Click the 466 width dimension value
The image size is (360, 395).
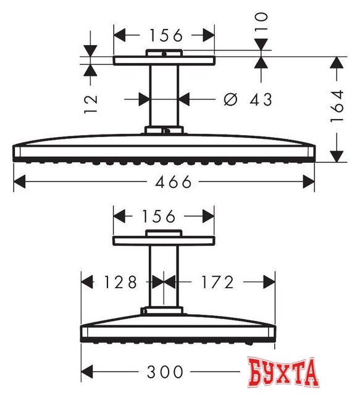165,182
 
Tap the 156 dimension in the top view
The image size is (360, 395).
164,36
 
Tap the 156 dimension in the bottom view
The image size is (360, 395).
164,216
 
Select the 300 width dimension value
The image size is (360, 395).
165,372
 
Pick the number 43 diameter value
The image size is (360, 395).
259,98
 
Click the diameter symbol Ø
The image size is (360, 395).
229,98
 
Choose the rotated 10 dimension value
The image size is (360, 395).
262,22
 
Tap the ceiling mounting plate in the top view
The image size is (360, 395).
164,60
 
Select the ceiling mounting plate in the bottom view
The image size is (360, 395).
164,239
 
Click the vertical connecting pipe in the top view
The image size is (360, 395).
164,96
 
